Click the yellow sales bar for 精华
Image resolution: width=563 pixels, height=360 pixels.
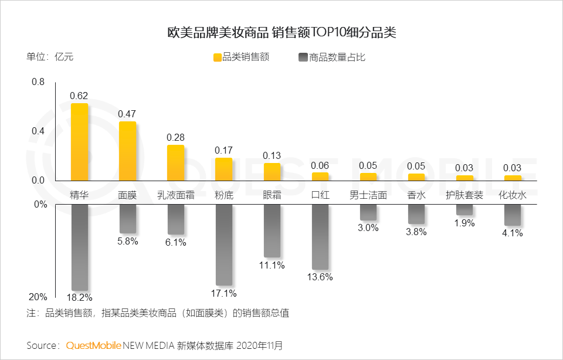coord(79,142)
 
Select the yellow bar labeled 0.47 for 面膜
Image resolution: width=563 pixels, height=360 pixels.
coord(127,151)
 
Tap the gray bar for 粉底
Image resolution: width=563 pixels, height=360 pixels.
coord(223,244)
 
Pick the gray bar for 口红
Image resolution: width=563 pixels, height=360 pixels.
coord(320,236)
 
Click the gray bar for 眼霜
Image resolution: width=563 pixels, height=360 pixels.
coord(272,230)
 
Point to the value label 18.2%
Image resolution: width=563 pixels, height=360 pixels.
coord(79,297)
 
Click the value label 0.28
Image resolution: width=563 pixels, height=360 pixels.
coord(175,137)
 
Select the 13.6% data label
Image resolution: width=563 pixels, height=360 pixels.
coord(320,277)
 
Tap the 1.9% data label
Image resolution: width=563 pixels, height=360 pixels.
coord(464,223)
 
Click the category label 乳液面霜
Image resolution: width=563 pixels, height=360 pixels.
coord(175,195)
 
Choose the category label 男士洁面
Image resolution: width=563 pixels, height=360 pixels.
coord(368,195)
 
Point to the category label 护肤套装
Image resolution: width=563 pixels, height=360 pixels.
coord(464,195)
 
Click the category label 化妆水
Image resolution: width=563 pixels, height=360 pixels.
coord(512,195)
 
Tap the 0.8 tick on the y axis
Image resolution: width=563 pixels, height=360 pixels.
coord(38,82)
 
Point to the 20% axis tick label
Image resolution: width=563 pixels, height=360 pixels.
coord(38,297)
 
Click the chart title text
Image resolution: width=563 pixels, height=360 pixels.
coord(281,32)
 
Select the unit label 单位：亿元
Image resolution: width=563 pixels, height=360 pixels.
coord(50,57)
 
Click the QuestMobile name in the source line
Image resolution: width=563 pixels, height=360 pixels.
coord(94,345)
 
